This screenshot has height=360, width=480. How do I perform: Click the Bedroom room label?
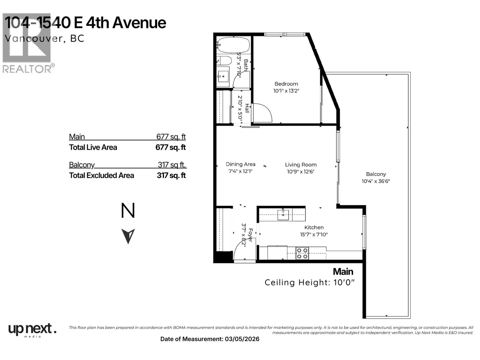click(286, 84)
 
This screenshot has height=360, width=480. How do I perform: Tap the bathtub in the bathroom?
click(233, 45)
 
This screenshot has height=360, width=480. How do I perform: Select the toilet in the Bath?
click(224, 61)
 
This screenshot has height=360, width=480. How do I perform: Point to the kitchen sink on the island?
click(283, 215)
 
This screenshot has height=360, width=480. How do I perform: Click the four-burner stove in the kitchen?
click(302, 253)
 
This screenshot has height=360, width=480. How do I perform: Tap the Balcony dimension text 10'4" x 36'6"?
click(376, 181)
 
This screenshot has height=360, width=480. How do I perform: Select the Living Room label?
click(301, 165)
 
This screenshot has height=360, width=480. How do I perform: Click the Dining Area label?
click(240, 164)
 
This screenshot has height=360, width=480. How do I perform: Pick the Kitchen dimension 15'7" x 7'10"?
click(314, 235)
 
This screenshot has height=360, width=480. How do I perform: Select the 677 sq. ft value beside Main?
click(171, 137)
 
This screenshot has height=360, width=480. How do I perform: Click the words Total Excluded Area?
click(101, 175)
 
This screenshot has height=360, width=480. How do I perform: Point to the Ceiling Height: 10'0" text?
click(310, 283)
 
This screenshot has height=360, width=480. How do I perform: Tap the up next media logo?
click(32, 330)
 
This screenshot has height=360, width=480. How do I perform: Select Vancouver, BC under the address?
click(44, 39)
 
